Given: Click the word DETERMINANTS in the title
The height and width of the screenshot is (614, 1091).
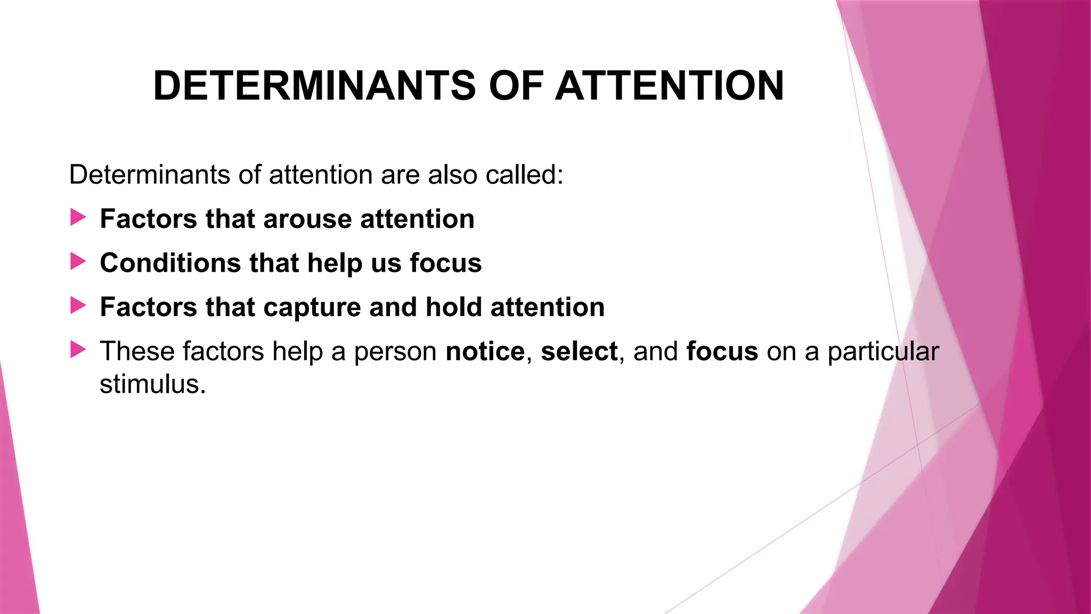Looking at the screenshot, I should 314,86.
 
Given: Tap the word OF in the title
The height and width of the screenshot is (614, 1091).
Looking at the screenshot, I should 516,86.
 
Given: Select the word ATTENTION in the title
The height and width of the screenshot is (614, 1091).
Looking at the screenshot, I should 669,86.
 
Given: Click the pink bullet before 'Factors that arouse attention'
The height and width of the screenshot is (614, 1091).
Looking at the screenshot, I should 78,217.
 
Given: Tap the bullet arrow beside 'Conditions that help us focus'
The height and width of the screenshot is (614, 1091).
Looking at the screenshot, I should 78,262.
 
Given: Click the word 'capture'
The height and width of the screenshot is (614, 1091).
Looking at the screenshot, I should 312,308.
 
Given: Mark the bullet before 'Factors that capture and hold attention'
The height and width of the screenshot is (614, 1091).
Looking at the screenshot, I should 78,306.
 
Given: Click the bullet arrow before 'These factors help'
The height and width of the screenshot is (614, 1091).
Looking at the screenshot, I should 78,350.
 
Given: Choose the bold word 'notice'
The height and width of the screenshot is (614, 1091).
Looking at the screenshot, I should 485,352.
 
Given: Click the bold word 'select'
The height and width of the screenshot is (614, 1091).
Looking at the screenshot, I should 579,352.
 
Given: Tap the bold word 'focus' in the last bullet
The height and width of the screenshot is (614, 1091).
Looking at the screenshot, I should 722,352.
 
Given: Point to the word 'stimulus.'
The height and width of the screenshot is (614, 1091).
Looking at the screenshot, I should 152,384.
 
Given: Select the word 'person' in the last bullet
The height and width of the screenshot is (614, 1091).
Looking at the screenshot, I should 395,352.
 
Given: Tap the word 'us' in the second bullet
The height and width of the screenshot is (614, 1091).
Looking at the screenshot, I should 386,263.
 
